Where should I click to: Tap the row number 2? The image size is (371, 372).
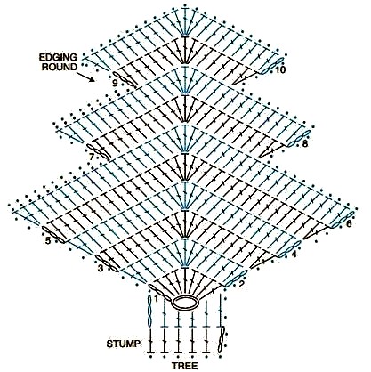coord(242,284)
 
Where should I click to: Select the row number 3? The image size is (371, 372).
coord(101,269)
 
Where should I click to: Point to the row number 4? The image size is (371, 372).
coord(294,255)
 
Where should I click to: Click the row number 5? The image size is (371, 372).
coord(48,240)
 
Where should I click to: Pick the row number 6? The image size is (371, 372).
coord(349,223)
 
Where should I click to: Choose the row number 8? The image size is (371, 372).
coord(305,144)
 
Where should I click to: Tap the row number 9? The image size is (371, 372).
coord(115,84)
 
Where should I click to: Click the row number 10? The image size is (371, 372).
coord(279,70)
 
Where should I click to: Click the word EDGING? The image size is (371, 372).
coord(58,57)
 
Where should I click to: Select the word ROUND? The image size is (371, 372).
coord(60,67)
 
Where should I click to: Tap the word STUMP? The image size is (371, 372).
coord(124,344)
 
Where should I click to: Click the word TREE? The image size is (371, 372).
coord(184,366)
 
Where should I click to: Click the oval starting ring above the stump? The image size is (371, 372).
coord(185,303)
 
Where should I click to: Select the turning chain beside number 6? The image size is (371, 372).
coord(342,220)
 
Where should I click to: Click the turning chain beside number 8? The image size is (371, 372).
coord(299,138)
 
